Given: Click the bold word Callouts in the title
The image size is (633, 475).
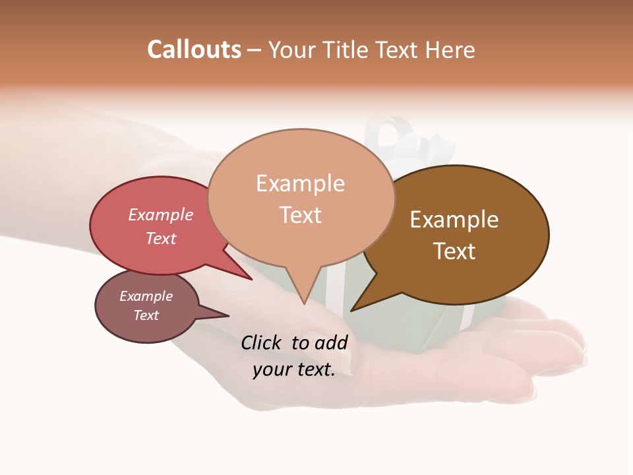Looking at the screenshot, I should tap(194, 49).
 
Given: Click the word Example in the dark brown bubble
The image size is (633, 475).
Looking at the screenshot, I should tap(454, 220).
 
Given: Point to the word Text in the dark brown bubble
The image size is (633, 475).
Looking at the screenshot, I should tap(454, 251).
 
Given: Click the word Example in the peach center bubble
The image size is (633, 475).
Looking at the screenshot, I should tap(300, 183).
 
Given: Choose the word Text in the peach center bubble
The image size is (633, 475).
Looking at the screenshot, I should tap(301, 215).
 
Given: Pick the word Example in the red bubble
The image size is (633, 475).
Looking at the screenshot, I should tap(161, 215).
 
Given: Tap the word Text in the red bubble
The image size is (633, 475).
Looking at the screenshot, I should tap(161, 238).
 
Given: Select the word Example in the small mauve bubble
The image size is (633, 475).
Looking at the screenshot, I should tap(146, 296).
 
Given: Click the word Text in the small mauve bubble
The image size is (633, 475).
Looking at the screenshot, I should tap(146, 315).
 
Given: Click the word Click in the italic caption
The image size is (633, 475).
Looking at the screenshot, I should tap(262, 342).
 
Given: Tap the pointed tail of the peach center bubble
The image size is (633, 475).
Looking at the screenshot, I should tap(303, 297).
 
